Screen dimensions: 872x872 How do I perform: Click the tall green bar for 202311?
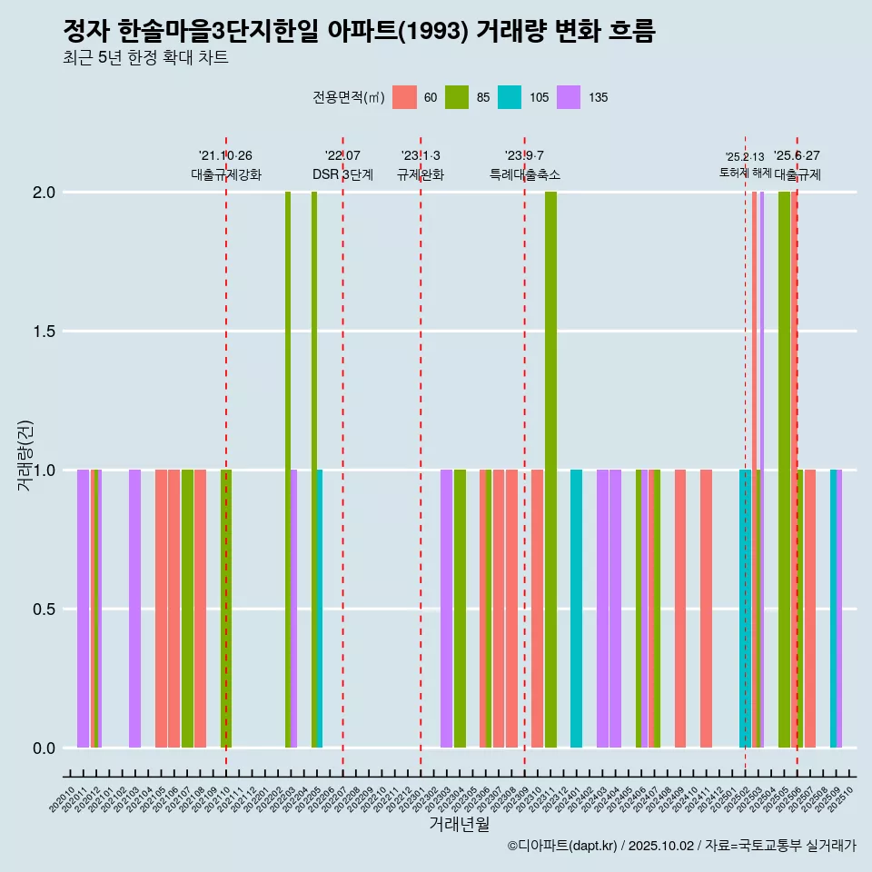coord(550,470)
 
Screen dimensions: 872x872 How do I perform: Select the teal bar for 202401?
coord(576,609)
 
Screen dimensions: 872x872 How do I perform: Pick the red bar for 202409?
coord(680,609)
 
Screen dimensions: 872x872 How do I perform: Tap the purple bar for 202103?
coord(134,609)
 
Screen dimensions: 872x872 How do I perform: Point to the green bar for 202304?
coord(460,609)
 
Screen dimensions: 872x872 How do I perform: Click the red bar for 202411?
coord(706,609)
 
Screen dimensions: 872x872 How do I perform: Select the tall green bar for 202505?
coord(784,470)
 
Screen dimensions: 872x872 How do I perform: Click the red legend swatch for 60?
coord(404,97)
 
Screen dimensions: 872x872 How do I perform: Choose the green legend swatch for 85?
coord(457,97)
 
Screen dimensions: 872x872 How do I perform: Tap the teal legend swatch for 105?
coord(510,97)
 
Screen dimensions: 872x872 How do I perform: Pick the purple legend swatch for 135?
coord(569,97)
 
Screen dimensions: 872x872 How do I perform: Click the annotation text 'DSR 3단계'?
coord(342,174)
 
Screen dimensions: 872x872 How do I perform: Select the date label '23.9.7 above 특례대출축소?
coord(525,155)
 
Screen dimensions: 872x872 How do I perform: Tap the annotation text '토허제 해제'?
coord(744,172)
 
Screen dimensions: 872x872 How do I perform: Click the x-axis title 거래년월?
coord(460,824)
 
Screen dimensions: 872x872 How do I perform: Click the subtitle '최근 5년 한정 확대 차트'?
coord(145,58)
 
